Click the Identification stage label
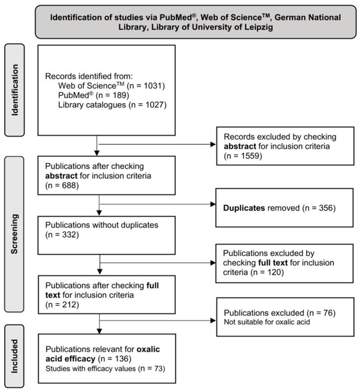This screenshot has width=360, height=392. pos(17,90)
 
